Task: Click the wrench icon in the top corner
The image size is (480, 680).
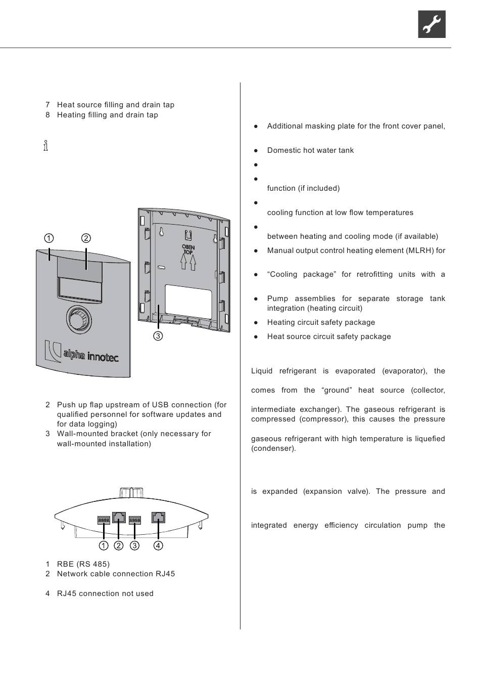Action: (x=431, y=24)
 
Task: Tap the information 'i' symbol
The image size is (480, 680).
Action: (x=46, y=146)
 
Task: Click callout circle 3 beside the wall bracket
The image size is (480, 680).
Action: (x=158, y=335)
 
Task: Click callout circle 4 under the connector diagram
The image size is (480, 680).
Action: (x=158, y=545)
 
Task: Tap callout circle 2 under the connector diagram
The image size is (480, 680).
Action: (x=119, y=545)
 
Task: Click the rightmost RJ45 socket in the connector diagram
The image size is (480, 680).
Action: (x=158, y=518)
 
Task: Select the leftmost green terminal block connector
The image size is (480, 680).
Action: (x=104, y=520)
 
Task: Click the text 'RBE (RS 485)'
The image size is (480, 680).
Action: (x=83, y=564)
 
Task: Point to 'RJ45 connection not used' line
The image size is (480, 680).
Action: (x=105, y=593)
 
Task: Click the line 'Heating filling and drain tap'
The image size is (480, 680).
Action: (x=108, y=115)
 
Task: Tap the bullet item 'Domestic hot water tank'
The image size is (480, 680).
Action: (x=310, y=150)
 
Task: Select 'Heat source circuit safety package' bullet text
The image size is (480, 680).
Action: (x=329, y=336)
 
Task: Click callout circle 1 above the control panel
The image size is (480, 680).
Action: (x=49, y=238)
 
